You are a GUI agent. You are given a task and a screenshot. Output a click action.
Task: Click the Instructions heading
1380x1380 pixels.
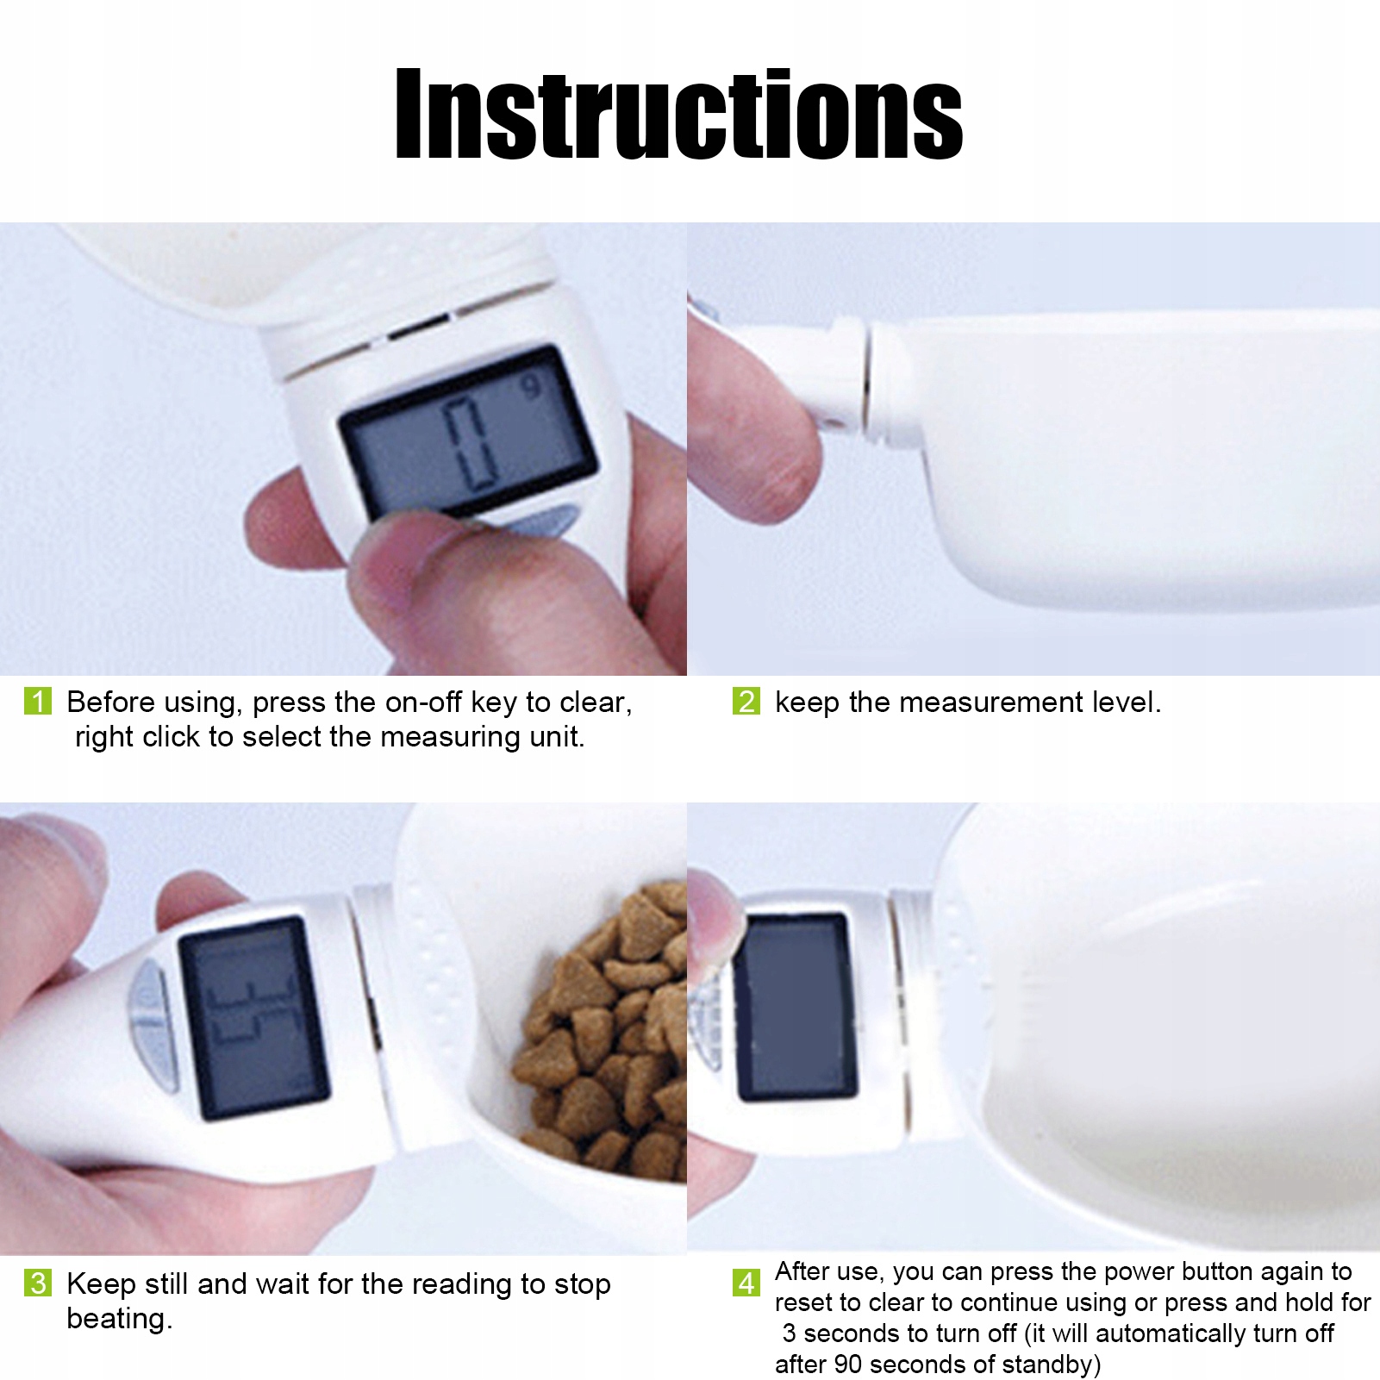[x=679, y=115]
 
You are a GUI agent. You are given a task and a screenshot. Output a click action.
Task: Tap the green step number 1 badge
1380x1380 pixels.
[x=38, y=701]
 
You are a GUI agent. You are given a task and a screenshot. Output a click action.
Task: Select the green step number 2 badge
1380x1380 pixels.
[x=746, y=701]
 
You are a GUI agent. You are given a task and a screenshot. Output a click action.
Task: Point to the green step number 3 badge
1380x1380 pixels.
[x=38, y=1283]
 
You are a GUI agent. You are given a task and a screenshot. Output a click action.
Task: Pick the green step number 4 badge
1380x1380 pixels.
[x=746, y=1283]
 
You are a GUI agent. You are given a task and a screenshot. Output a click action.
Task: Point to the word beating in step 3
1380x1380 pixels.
[x=119, y=1319]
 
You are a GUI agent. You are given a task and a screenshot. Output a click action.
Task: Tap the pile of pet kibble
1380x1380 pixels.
[x=603, y=1030]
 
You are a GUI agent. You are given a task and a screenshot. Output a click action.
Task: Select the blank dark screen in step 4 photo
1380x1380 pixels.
[x=795, y=1007]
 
